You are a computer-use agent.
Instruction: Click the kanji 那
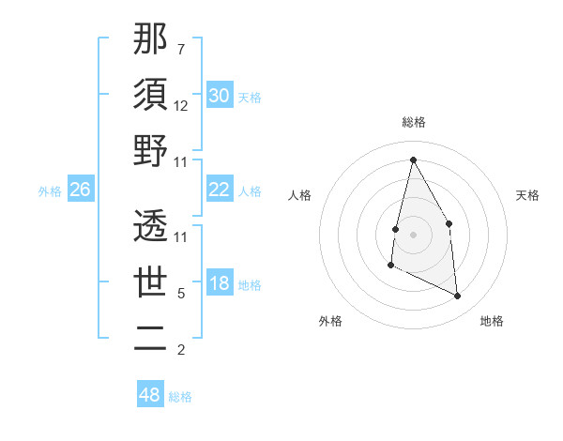click(x=150, y=38)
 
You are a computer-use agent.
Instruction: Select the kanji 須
click(x=150, y=95)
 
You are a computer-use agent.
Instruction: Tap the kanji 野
click(x=150, y=151)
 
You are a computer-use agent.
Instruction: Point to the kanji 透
click(x=150, y=226)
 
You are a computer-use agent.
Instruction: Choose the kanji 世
click(x=150, y=282)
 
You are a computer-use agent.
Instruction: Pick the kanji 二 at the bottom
click(x=150, y=339)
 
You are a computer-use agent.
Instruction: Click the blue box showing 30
click(x=220, y=96)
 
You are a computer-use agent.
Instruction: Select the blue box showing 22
click(x=220, y=190)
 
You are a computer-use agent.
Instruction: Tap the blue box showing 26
click(x=81, y=190)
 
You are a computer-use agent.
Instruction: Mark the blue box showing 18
click(x=220, y=284)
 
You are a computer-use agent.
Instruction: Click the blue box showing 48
click(x=150, y=395)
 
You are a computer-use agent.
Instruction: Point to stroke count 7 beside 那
click(x=180, y=49)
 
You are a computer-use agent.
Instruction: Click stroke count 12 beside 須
click(x=182, y=105)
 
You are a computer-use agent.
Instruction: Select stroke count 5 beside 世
click(x=180, y=294)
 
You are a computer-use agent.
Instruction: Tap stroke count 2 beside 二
click(x=180, y=350)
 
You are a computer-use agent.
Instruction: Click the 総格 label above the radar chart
click(x=414, y=122)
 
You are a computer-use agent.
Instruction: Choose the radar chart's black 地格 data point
click(x=458, y=297)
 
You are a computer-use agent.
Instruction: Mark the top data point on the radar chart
click(x=413, y=160)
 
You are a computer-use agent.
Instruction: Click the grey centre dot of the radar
click(x=413, y=235)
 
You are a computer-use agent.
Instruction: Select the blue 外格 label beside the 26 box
click(x=50, y=190)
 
